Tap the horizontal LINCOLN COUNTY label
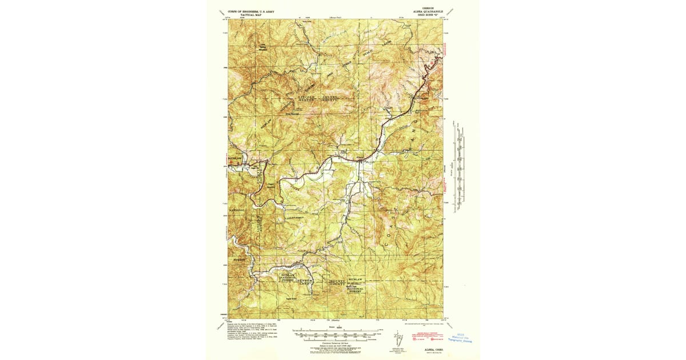[319, 98]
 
